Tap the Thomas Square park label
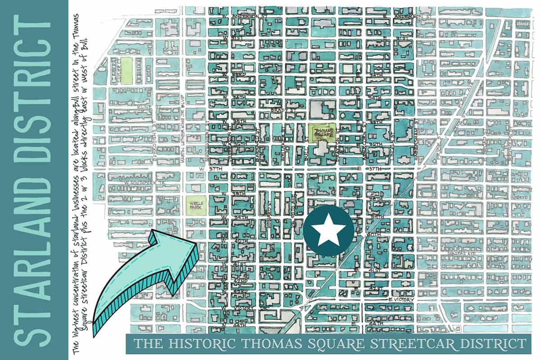tap(324, 134)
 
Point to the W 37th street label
tap(210, 168)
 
